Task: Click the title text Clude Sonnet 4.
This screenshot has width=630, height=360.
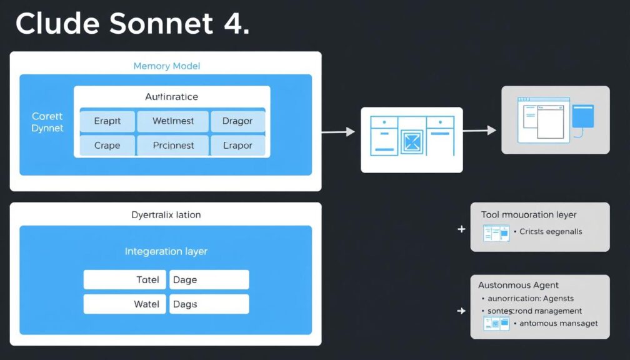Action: [132, 23]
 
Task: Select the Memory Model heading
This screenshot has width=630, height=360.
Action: [166, 66]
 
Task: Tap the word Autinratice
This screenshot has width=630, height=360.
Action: [171, 97]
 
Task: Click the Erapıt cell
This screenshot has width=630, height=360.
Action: [107, 121]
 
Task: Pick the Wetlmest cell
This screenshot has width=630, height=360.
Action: [173, 121]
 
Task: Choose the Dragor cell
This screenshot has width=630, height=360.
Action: [237, 121]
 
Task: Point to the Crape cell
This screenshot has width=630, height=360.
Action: [107, 145]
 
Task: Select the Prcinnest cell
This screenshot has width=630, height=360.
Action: [173, 145]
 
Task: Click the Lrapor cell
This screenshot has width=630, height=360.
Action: [237, 145]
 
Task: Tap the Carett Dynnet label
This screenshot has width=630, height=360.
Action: [47, 122]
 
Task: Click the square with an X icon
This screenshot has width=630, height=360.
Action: [411, 141]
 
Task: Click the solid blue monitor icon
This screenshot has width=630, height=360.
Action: [582, 116]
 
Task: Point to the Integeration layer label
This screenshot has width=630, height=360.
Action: [166, 251]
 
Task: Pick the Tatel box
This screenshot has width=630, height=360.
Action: [125, 280]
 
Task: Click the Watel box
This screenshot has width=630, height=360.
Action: [125, 304]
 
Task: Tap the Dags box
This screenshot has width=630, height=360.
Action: [209, 304]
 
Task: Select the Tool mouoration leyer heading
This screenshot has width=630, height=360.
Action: [529, 214]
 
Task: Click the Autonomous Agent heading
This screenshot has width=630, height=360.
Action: [518, 285]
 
